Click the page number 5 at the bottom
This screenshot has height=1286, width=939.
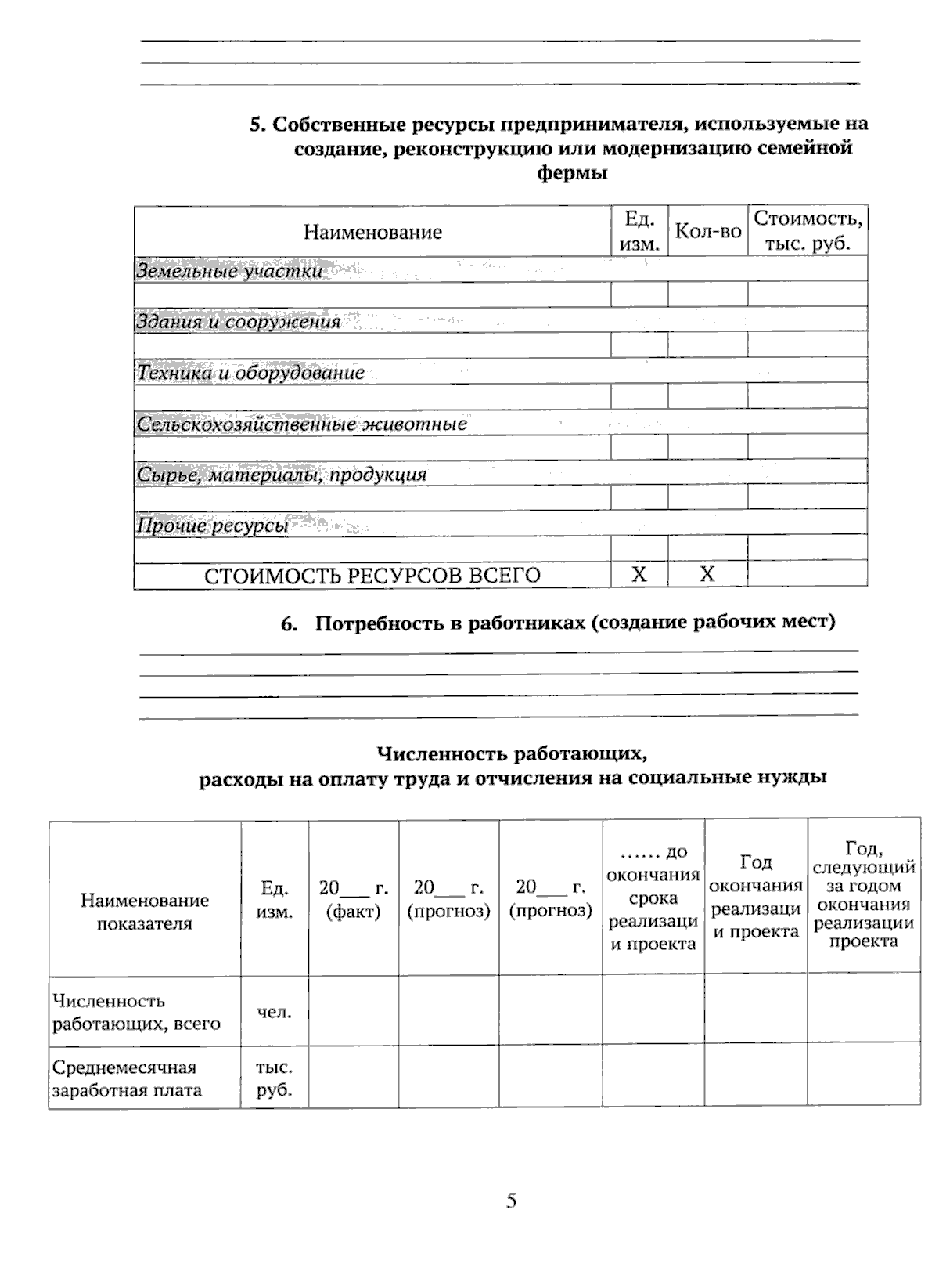(x=511, y=1201)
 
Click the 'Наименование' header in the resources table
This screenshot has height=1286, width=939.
(x=372, y=232)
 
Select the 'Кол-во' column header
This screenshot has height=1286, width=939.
(x=707, y=231)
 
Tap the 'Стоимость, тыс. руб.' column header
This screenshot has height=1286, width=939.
(x=808, y=231)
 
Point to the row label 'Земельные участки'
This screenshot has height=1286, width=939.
(x=229, y=271)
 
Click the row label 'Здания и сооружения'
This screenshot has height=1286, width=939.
(x=239, y=321)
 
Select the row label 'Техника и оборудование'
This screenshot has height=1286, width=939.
(x=250, y=373)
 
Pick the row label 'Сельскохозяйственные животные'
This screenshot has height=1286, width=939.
(x=301, y=424)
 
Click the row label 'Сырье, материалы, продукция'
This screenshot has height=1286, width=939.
(x=282, y=475)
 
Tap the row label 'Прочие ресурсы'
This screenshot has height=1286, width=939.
(x=213, y=526)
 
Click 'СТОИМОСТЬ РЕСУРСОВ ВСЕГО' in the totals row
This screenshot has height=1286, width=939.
(x=372, y=576)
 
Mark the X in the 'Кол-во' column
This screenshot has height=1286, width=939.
(x=707, y=574)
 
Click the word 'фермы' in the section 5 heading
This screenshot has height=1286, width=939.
(x=573, y=173)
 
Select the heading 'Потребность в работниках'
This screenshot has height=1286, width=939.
(x=574, y=623)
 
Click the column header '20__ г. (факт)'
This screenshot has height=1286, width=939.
(x=354, y=899)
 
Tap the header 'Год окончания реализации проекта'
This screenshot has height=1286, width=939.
(x=756, y=897)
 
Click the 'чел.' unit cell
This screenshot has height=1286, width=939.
(x=274, y=1012)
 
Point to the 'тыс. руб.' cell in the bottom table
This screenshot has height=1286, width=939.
(x=274, y=1078)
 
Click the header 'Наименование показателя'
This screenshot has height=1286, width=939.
(x=145, y=912)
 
